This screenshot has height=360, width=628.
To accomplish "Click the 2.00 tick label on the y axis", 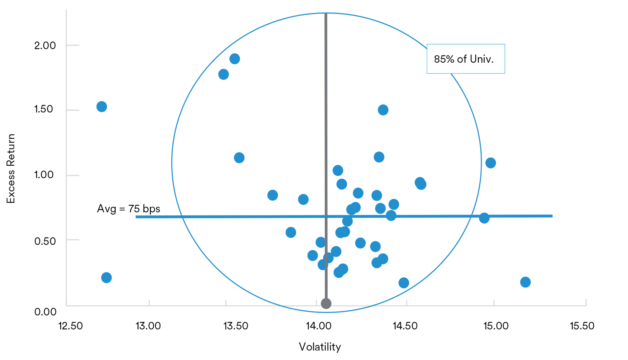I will (45, 45).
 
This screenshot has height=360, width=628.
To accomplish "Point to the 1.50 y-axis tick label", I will (44, 109).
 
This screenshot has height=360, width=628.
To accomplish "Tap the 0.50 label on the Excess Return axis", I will (45, 241).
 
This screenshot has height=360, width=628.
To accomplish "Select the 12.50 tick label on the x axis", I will (71, 326).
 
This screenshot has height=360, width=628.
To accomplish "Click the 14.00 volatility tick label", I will (318, 326).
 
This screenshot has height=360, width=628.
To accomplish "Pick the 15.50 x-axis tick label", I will (582, 326).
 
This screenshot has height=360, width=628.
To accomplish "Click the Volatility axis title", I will (320, 347).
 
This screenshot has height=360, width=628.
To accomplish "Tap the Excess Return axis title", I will (11, 169).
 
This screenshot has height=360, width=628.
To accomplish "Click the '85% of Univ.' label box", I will (465, 59).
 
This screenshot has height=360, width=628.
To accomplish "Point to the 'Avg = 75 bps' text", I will (128, 209).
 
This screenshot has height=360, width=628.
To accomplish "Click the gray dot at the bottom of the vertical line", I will (326, 304).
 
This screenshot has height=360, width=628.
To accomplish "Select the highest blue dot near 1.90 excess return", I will (234, 59).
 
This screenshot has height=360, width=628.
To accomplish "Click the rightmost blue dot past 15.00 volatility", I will (525, 282).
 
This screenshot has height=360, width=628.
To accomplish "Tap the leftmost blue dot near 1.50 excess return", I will (101, 106).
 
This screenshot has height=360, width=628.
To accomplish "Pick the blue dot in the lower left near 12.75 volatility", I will (106, 278).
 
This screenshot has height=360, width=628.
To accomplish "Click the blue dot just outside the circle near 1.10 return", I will (490, 163).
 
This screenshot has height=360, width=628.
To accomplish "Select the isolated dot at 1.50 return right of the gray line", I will (383, 110).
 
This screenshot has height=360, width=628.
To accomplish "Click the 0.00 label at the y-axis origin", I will (45, 311).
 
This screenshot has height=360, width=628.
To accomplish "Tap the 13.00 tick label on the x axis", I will (148, 326).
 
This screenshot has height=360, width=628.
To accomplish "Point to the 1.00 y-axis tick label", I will (44, 174).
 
